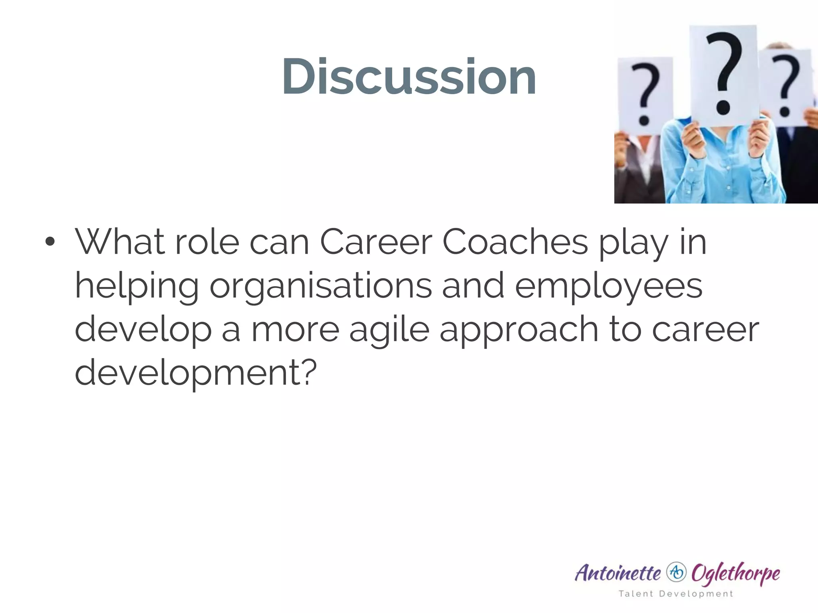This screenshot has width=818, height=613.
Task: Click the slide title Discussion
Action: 409,76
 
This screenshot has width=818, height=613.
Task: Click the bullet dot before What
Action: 50,242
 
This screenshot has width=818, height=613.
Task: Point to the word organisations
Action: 320,287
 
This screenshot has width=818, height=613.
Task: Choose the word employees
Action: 608,287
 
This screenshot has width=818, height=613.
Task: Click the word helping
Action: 137,287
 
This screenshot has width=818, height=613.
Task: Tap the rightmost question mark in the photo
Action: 785,86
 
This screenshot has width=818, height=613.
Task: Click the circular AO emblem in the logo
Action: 676,573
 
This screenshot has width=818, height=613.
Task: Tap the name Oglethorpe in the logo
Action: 735,573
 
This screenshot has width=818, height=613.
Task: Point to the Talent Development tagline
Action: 676,594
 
